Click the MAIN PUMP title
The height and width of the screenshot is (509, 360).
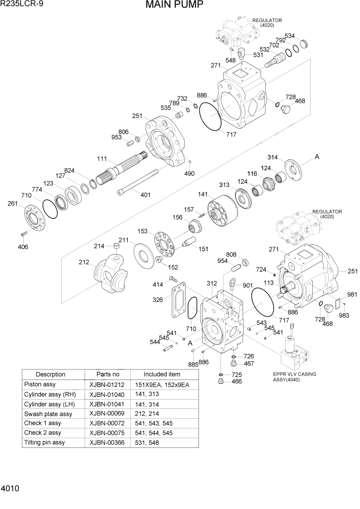pos(174,6)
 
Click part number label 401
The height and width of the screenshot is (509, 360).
pos(146,194)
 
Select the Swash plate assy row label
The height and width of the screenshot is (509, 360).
pos(48,414)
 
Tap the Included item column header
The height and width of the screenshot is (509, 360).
pos(162,375)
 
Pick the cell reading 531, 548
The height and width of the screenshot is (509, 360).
pos(147,443)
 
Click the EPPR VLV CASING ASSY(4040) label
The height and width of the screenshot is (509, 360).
pos(294,377)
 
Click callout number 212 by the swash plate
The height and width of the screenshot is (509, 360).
pos(85,263)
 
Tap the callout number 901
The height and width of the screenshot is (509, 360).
pos(248,286)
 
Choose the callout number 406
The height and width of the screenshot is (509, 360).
pos(23,247)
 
